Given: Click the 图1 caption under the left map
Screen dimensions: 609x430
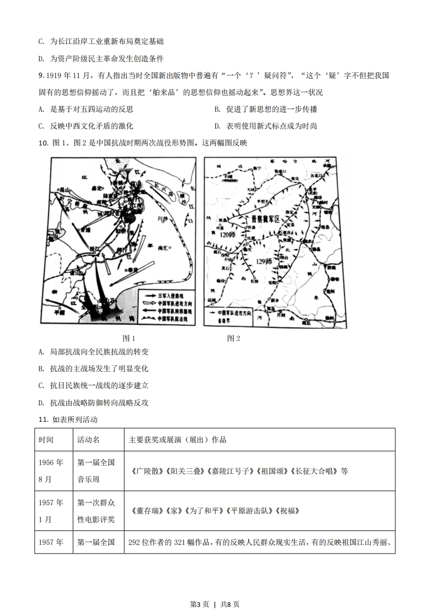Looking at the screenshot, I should point(129,338).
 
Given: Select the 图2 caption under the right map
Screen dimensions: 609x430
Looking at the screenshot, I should point(234,338).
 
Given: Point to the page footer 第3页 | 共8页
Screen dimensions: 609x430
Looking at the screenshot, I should point(215,589).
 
